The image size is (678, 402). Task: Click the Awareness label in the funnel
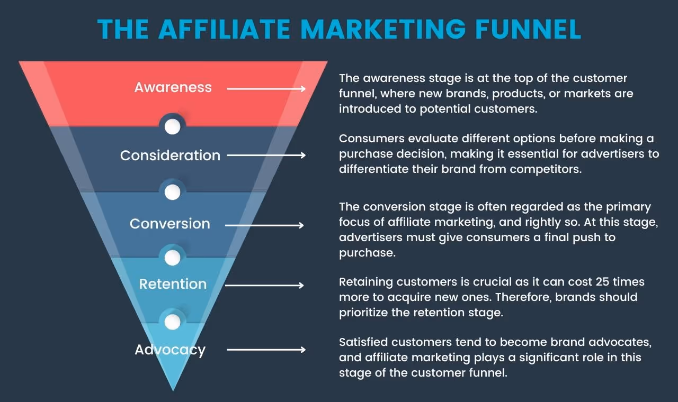coord(173,87)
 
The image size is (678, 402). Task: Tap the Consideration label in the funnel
coord(170,156)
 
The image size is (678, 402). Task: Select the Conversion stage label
coord(170,224)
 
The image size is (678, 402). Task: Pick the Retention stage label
coord(173,284)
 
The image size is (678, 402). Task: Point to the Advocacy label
coord(170,350)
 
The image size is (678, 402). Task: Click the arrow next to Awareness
coord(266,89)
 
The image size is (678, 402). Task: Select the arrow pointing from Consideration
coord(266,156)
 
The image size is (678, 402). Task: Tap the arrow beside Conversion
coord(265,225)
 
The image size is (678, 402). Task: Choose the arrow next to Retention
coord(265,286)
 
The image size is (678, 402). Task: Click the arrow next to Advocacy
coord(266,350)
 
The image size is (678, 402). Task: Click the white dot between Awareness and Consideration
coord(172,127)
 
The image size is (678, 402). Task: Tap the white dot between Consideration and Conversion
coord(172,193)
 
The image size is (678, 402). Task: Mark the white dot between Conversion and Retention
coord(172,258)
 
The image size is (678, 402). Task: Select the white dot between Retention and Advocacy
coord(172,322)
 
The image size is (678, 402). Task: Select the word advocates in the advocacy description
coord(618,343)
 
